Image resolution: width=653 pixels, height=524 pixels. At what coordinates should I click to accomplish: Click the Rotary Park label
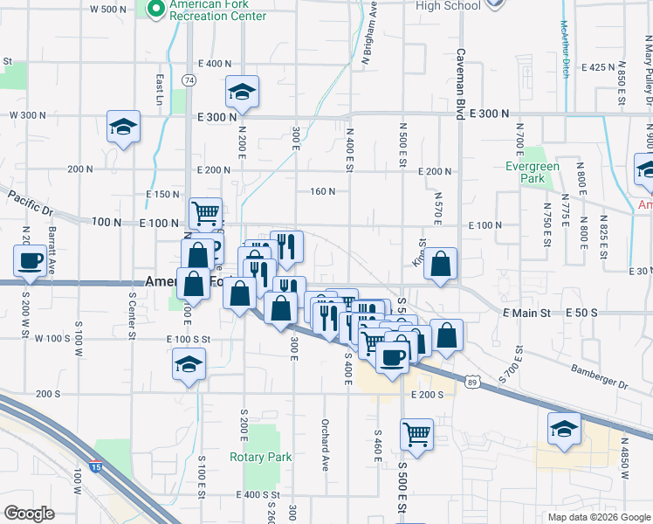(260, 457)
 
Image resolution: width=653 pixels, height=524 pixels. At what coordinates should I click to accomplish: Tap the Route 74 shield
(189, 79)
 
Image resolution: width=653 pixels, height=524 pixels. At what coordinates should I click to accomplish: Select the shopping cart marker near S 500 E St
(417, 433)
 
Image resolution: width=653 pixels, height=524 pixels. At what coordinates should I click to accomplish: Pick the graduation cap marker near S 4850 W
(564, 430)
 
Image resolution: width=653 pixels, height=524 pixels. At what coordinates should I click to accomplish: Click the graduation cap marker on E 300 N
(243, 91)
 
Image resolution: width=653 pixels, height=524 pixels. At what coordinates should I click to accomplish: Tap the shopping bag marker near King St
(442, 263)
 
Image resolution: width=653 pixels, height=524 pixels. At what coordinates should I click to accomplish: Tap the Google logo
(29, 514)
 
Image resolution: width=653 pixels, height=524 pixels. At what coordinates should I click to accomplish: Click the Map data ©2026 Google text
(597, 517)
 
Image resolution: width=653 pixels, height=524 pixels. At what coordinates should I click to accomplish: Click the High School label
(448, 6)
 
